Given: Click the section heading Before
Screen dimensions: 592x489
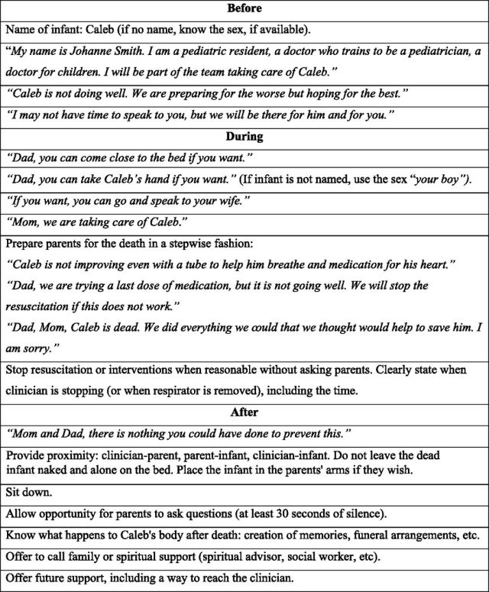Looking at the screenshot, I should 244,9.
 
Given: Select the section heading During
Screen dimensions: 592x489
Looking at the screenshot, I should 244,137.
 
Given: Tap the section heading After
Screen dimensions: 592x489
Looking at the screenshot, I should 244,412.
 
